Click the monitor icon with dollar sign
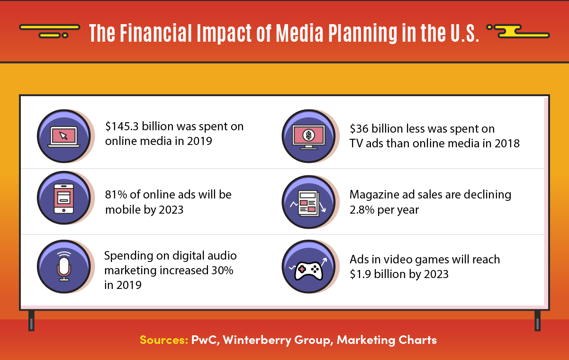pos(309,136)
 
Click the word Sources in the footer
pos(163,340)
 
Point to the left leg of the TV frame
pos(31,321)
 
